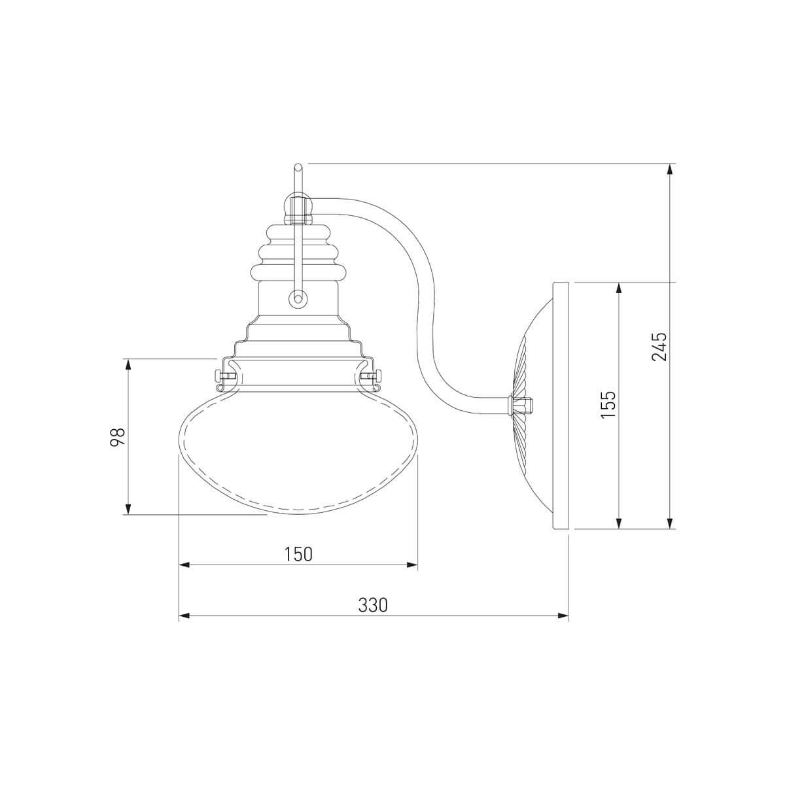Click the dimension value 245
click(659, 346)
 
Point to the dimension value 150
click(298, 554)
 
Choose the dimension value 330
click(373, 617)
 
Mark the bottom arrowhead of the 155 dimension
click(618, 523)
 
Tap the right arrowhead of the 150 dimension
click(412, 565)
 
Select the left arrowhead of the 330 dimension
click(185, 627)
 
